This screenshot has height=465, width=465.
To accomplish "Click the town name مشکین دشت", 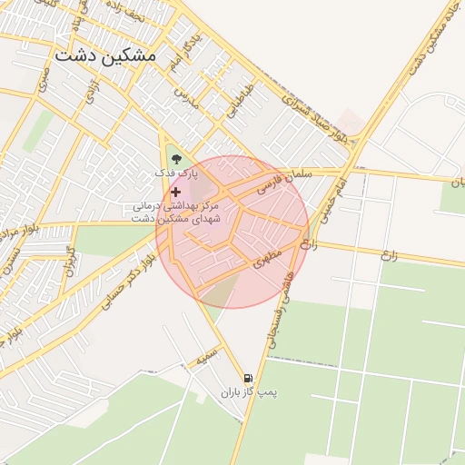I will click(x=105, y=54).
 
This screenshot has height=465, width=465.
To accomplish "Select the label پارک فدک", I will click(x=173, y=172).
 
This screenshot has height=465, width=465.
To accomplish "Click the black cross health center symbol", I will click(x=175, y=192).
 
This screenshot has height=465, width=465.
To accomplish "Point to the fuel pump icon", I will click(x=247, y=378).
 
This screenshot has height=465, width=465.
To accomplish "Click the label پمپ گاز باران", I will click(x=248, y=392).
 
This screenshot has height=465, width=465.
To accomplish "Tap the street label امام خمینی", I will click(x=356, y=186).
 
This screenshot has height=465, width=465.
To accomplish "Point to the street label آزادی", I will click(x=91, y=92).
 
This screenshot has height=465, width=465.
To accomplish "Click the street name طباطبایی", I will click(x=235, y=104).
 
